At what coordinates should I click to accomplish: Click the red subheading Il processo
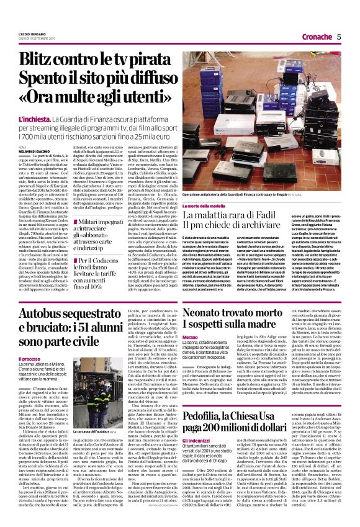coord(30,358)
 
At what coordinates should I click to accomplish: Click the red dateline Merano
coord(191,353)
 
